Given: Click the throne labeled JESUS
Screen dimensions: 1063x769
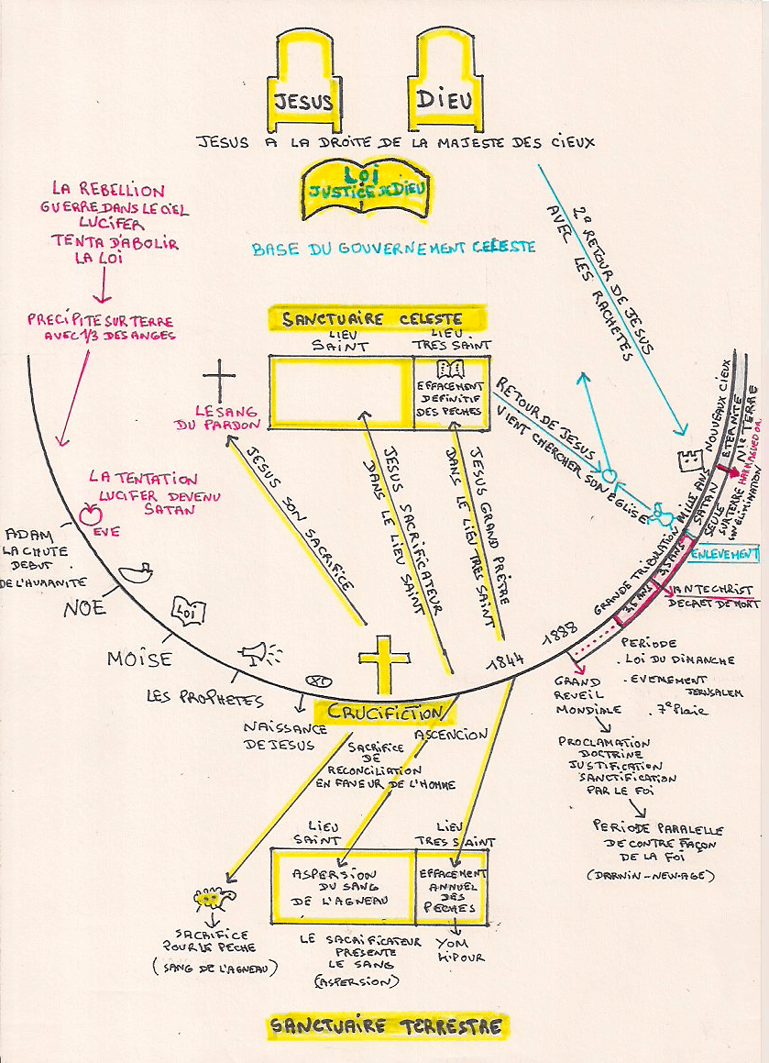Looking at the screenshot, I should pos(304,83).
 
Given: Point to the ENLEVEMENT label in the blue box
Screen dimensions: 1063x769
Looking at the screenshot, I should pos(724,554).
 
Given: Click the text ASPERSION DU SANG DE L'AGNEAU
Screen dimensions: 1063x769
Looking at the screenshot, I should pos(340,886).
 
